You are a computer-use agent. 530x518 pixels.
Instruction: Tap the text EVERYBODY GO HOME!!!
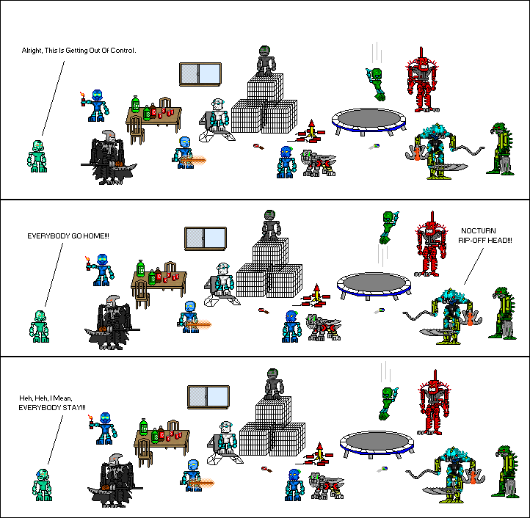[68, 236]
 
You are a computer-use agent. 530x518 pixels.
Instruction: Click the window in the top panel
[200, 74]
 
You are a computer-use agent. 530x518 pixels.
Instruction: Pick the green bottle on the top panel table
[135, 105]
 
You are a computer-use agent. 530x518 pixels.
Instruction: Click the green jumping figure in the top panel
[377, 83]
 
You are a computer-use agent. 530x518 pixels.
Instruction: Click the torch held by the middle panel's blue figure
[87, 262]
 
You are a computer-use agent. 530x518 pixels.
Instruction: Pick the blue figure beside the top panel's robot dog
[286, 161]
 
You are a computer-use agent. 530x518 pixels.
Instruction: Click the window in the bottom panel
[208, 396]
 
